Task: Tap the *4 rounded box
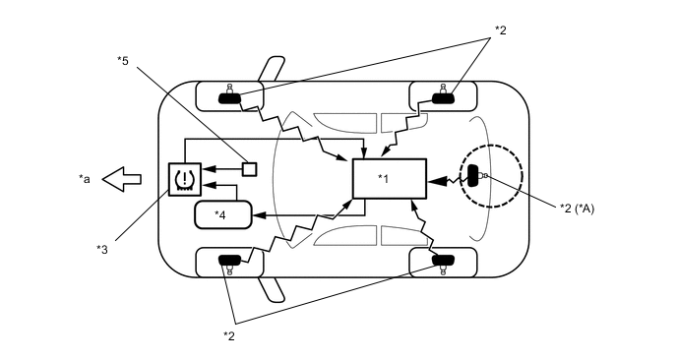point(222,214)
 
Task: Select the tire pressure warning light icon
point(184,179)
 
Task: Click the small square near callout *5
point(250,168)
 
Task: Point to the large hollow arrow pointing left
point(124,179)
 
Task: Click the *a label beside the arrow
point(85,179)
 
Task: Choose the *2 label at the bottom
point(228,335)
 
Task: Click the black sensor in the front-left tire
point(229,96)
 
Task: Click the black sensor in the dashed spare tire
point(473,177)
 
